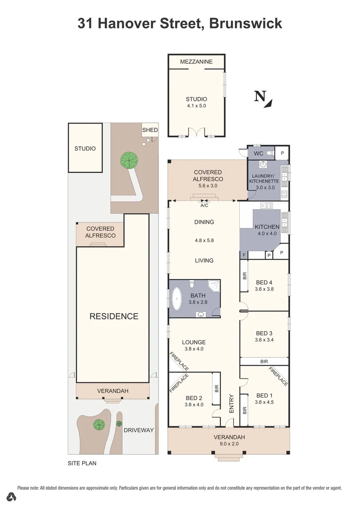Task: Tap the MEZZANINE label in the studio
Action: tap(196, 62)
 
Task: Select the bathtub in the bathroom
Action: tap(178, 299)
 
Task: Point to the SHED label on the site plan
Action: tap(150, 130)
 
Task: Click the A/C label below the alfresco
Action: tap(204, 206)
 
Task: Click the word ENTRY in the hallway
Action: tap(231, 404)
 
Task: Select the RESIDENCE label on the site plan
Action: tap(114, 317)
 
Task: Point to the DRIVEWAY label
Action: tap(139, 430)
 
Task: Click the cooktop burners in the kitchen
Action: tap(267, 206)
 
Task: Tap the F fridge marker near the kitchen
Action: tap(244, 255)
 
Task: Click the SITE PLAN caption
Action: tap(82, 463)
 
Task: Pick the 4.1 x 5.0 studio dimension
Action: tap(196, 106)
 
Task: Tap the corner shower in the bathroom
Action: tap(214, 285)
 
